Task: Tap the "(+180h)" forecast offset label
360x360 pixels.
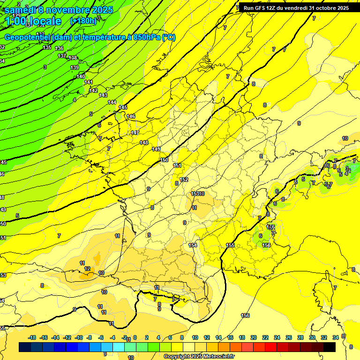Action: tap(83, 21)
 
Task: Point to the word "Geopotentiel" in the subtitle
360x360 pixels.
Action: tap(28, 37)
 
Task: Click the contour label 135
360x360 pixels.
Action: tap(47, 47)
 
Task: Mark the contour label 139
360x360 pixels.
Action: tap(75, 68)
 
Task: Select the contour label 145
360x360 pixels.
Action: tap(123, 108)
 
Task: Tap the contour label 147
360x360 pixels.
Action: tap(135, 133)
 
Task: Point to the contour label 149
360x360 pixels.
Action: tap(156, 149)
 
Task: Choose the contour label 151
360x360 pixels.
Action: tap(177, 165)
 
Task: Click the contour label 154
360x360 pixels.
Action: tap(193, 245)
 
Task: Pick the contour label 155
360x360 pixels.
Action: tap(230, 245)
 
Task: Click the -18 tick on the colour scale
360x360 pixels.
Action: tap(32, 337)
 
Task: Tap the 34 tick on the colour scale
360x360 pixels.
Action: tap(336, 337)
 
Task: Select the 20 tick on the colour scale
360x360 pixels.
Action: tap(254, 337)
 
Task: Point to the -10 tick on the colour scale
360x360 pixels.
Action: tap(79, 337)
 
